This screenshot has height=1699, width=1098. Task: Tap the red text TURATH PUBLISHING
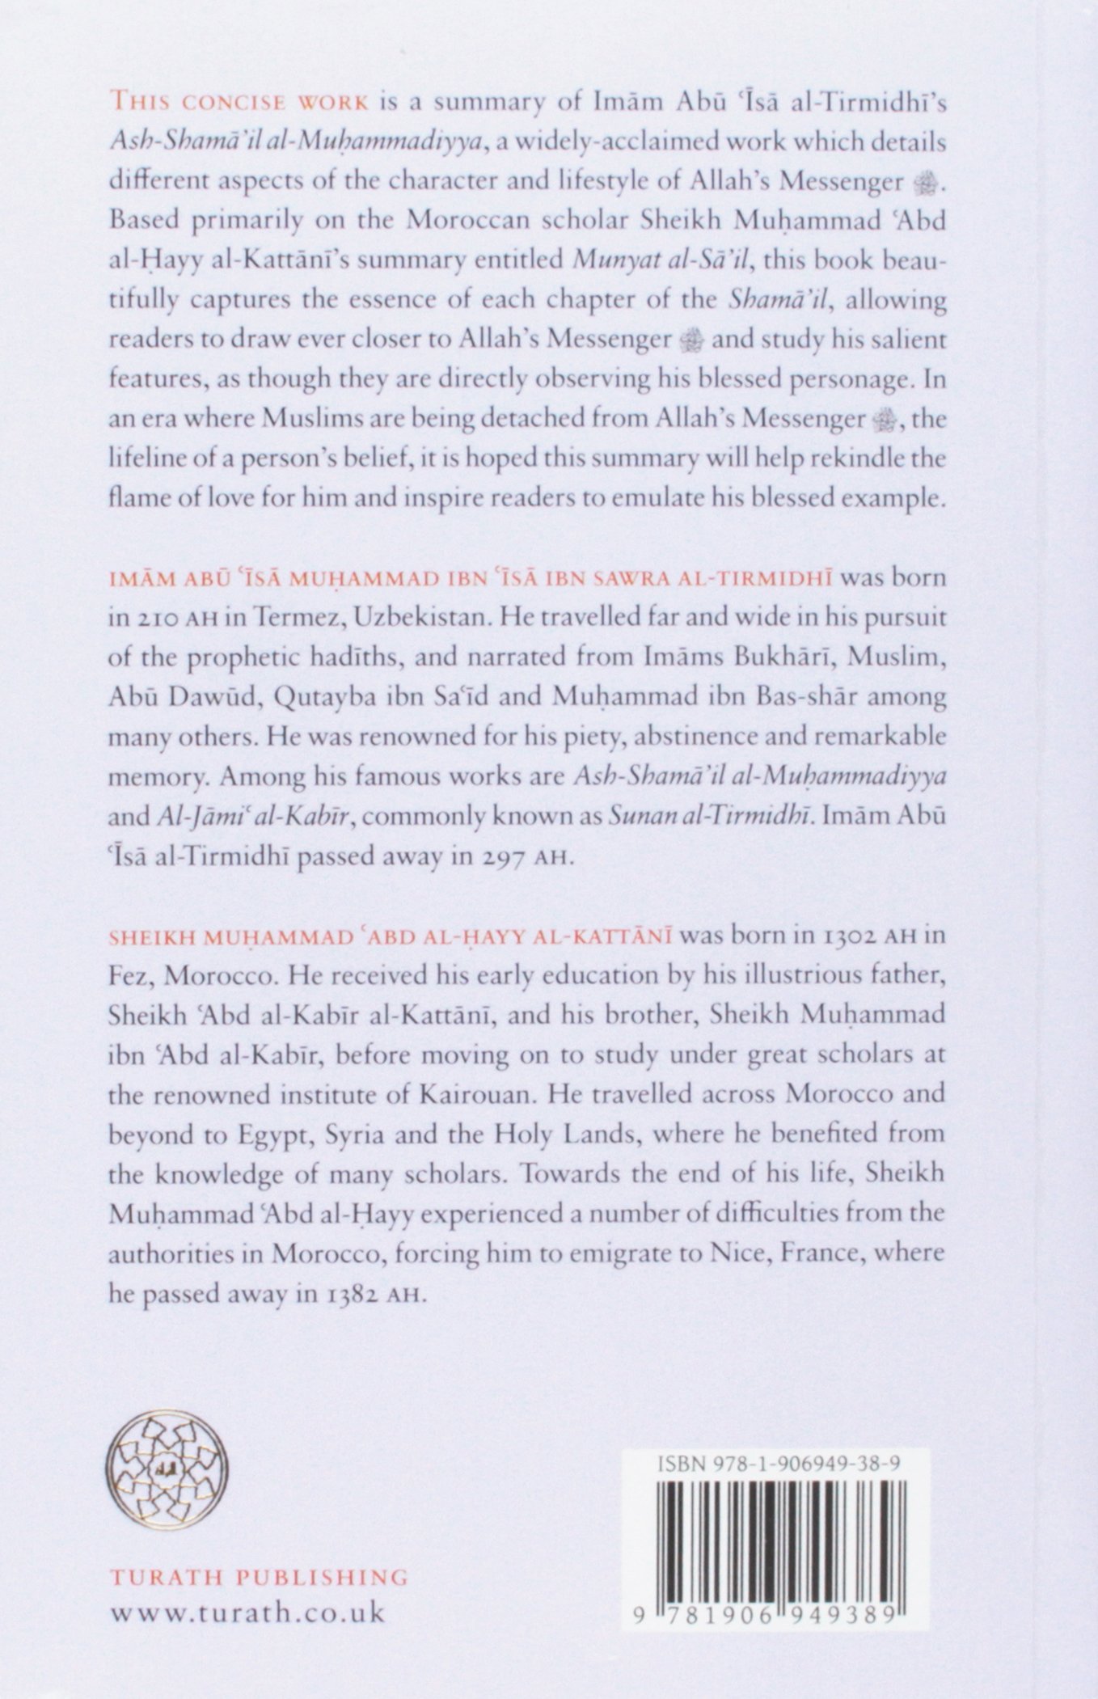point(258,1577)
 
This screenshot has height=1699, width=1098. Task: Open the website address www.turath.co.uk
point(247,1612)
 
